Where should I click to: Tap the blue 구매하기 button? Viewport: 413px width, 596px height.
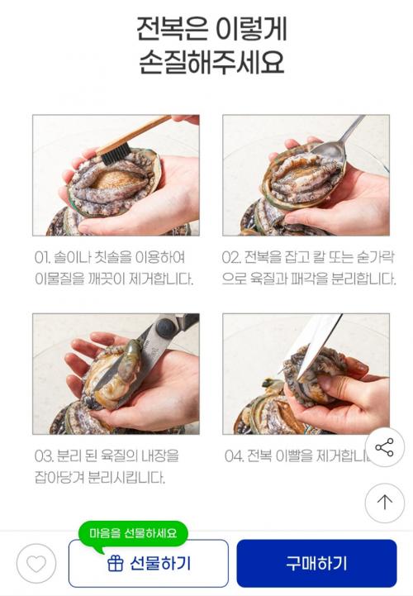coord(316,563)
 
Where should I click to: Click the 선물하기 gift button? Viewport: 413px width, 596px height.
coord(149,563)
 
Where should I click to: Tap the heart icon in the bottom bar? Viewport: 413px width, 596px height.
coord(36,563)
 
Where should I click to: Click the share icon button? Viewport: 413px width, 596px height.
coord(385,447)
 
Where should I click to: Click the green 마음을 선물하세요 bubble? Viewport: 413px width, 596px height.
coord(133,533)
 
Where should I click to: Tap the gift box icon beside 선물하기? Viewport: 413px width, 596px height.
coord(115,563)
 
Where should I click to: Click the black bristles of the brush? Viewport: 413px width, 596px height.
coord(115,152)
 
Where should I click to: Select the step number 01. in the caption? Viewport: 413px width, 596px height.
coord(43,258)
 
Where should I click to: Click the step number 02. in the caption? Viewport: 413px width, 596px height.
coord(231,257)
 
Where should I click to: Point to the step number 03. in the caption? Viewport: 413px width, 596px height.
coord(44,455)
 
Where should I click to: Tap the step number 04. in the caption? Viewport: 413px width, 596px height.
coord(234,455)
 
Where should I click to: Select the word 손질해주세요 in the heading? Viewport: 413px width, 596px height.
coord(211,62)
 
